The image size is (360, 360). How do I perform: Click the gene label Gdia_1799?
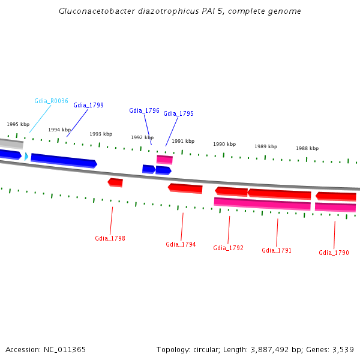point(88,105)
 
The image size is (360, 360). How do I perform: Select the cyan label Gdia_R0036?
point(51,101)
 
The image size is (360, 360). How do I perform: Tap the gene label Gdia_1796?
point(144,110)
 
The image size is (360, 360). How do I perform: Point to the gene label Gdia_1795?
point(178,113)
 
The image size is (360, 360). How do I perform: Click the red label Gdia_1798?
point(110,238)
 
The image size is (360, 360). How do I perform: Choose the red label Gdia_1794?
point(181,244)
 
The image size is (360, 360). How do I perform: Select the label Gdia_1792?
point(228,248)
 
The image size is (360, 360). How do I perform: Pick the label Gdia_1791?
point(277,250)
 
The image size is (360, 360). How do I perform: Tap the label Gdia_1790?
point(334,253)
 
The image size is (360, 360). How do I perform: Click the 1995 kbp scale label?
point(18,124)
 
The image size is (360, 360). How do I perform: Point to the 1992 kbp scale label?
point(142,137)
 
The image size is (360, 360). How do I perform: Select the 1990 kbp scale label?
point(224,144)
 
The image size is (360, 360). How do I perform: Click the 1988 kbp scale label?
point(307,148)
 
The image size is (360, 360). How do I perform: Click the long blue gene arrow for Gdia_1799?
point(64,160)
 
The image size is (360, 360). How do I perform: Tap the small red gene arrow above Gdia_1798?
point(115,182)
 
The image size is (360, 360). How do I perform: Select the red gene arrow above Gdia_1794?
point(185,188)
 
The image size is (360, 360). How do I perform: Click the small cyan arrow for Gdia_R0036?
point(26,156)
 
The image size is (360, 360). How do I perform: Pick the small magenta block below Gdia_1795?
point(164,159)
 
